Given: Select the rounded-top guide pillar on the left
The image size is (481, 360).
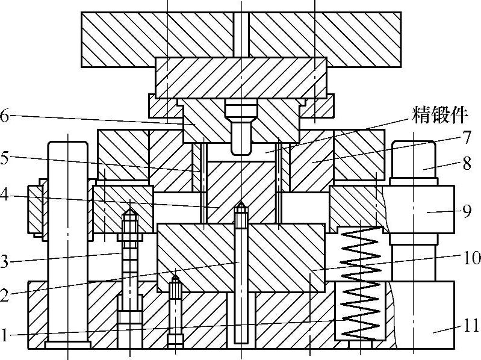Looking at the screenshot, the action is point(68,241).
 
